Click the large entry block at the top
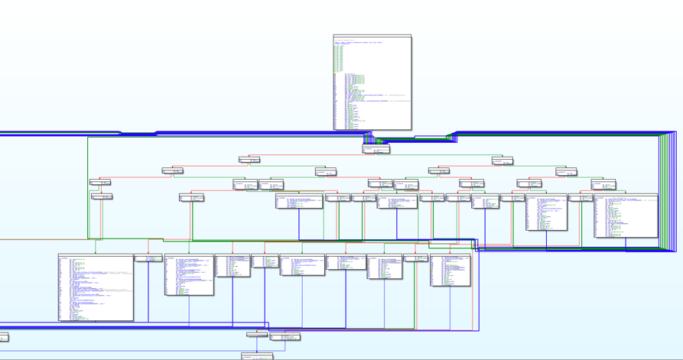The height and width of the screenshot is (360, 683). click(x=372, y=82)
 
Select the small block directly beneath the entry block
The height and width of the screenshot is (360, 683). click(x=376, y=149)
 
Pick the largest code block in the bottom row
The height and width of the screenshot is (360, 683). click(x=96, y=287)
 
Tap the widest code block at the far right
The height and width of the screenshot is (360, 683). click(x=626, y=216)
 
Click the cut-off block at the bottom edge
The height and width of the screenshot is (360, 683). click(x=257, y=356)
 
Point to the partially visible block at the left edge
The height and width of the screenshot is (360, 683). click(x=4, y=337)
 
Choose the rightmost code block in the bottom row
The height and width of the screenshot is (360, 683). click(x=450, y=271)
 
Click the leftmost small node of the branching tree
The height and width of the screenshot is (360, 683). click(x=99, y=182)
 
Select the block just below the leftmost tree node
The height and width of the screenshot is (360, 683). click(x=102, y=196)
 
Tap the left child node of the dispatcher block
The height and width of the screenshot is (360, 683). click(x=249, y=160)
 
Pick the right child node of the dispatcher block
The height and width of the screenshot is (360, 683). click(x=502, y=161)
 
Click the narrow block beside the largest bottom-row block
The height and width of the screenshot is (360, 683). click(x=148, y=258)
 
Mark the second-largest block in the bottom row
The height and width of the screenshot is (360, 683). click(x=189, y=274)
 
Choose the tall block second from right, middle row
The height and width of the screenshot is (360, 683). click(x=546, y=212)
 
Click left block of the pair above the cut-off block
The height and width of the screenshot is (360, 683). click(x=257, y=335)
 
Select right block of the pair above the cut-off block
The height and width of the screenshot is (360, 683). click(x=285, y=336)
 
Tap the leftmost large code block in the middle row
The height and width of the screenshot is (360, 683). click(x=299, y=201)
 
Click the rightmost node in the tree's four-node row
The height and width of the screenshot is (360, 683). click(x=566, y=172)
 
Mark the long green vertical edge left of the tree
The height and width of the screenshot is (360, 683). click(x=88, y=191)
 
